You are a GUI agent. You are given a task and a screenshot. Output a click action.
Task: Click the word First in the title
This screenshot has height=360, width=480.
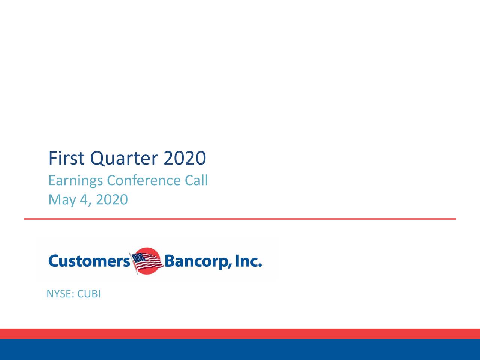coord(67,159)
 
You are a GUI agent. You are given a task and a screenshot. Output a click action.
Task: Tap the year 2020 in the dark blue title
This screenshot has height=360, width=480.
coord(184,159)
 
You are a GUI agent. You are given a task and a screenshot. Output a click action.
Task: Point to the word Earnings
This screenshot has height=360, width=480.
coord(75,181)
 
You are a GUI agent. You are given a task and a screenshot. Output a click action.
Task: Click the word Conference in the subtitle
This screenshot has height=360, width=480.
coord(144,181)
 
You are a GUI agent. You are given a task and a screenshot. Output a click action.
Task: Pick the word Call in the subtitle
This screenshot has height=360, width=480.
coord(196,181)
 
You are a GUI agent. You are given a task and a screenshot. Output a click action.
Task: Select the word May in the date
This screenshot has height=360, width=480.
coord(62,200)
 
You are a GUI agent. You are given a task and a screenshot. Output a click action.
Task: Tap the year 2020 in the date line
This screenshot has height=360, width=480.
coord(112,200)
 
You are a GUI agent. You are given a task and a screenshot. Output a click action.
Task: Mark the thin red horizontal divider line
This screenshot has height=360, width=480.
coord(240,219)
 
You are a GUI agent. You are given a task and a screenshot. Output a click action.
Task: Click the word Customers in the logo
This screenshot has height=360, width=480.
coord(89,261)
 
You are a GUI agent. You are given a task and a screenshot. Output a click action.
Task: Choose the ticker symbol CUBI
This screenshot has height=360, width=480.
coord(89,294)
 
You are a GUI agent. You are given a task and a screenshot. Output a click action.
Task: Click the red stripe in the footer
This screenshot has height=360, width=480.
coord(240,333)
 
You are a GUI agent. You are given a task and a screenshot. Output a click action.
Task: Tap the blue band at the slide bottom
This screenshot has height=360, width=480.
coord(240,349)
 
